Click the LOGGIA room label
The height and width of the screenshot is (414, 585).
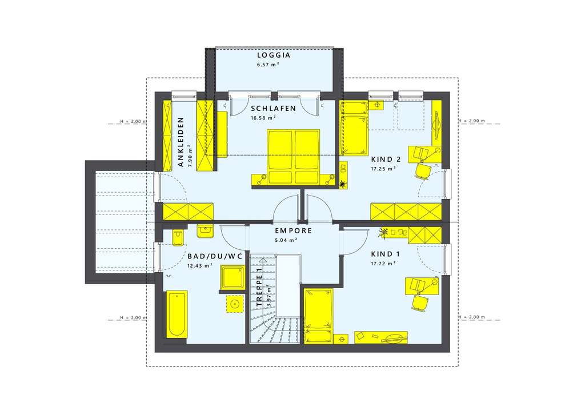(x=274, y=55)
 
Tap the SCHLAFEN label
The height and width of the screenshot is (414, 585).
(x=273, y=108)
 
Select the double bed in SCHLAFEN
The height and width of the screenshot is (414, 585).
(x=294, y=157)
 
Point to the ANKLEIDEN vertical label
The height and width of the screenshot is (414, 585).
(x=181, y=142)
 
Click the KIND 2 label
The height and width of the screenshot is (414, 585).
(x=386, y=160)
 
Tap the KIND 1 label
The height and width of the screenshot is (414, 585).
(x=382, y=254)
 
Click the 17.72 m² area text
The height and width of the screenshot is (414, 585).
(x=383, y=263)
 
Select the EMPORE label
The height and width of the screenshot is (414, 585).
(x=293, y=231)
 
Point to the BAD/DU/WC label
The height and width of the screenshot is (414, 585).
(x=215, y=257)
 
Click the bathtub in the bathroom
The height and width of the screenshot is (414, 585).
(x=176, y=315)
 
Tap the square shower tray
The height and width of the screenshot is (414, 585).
(x=233, y=278)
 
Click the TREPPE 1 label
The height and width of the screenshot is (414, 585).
(x=259, y=289)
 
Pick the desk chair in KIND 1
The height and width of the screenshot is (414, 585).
(x=420, y=302)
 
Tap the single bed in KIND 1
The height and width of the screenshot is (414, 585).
(x=318, y=316)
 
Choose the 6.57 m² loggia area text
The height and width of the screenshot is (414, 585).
(x=267, y=65)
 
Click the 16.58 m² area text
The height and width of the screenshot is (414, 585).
(x=263, y=118)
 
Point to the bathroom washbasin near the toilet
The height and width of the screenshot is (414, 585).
(x=205, y=230)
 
